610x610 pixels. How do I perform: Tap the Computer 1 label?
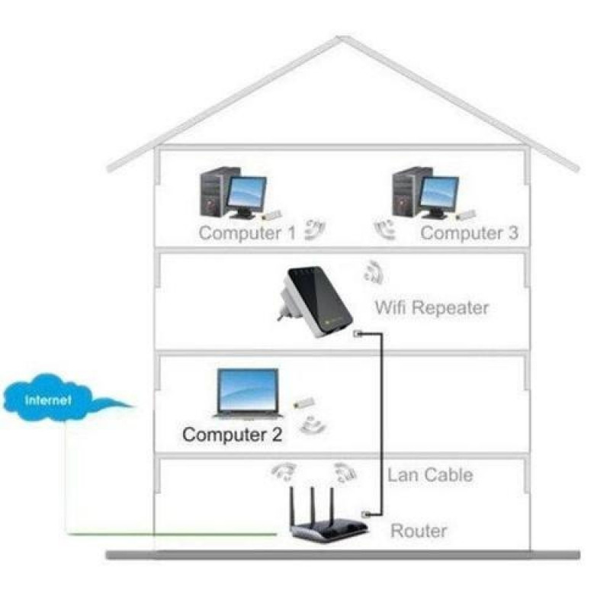246,233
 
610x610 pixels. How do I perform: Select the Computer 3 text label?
469,233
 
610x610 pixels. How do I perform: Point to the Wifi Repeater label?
432,308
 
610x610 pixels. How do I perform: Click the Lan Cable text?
430,475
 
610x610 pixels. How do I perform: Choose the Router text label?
419,530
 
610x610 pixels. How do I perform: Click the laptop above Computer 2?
248,393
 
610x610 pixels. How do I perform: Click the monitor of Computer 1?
248,194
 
